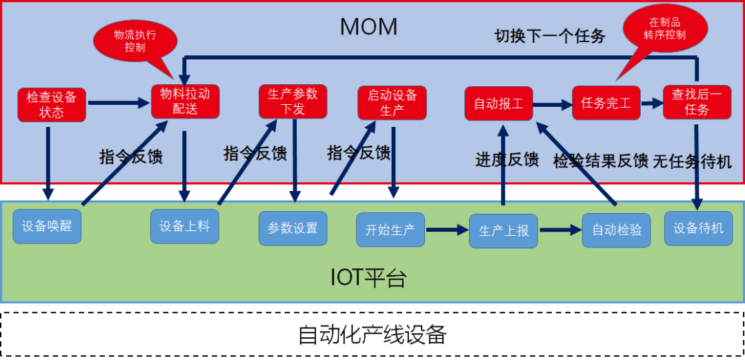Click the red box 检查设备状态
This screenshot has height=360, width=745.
pos(52,103)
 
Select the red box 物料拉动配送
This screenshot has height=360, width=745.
pos(185,101)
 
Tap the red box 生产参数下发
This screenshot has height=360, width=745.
pos(292,101)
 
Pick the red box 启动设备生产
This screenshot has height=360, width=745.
pos(392,102)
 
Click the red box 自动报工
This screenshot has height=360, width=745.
pos(498,104)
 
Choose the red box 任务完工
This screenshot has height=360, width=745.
pos(606,103)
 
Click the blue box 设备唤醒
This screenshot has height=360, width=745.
pos(47,226)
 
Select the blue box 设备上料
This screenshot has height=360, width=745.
pos(185,226)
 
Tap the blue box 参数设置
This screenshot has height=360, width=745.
pos(292,228)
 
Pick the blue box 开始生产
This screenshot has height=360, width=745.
pos(390,230)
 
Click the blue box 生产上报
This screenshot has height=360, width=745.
pos(503,230)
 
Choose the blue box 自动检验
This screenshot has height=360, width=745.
pos(616,230)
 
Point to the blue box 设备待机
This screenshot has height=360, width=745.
pos(698,228)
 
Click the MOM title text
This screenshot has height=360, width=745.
pos(369,27)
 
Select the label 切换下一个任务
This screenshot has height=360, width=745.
pos(549,36)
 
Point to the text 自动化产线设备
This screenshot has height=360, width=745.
pos(372,334)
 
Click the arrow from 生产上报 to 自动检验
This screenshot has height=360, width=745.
pos(559,230)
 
